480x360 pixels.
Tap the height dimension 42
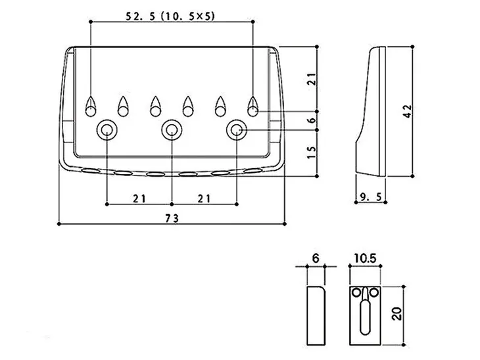[x=408, y=111]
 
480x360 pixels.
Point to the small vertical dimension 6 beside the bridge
[x=311, y=120]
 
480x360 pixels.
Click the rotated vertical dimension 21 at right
[x=311, y=79]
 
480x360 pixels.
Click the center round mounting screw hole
[x=172, y=130]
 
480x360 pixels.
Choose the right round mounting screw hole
[x=236, y=130]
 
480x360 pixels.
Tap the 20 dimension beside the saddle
[x=395, y=312]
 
